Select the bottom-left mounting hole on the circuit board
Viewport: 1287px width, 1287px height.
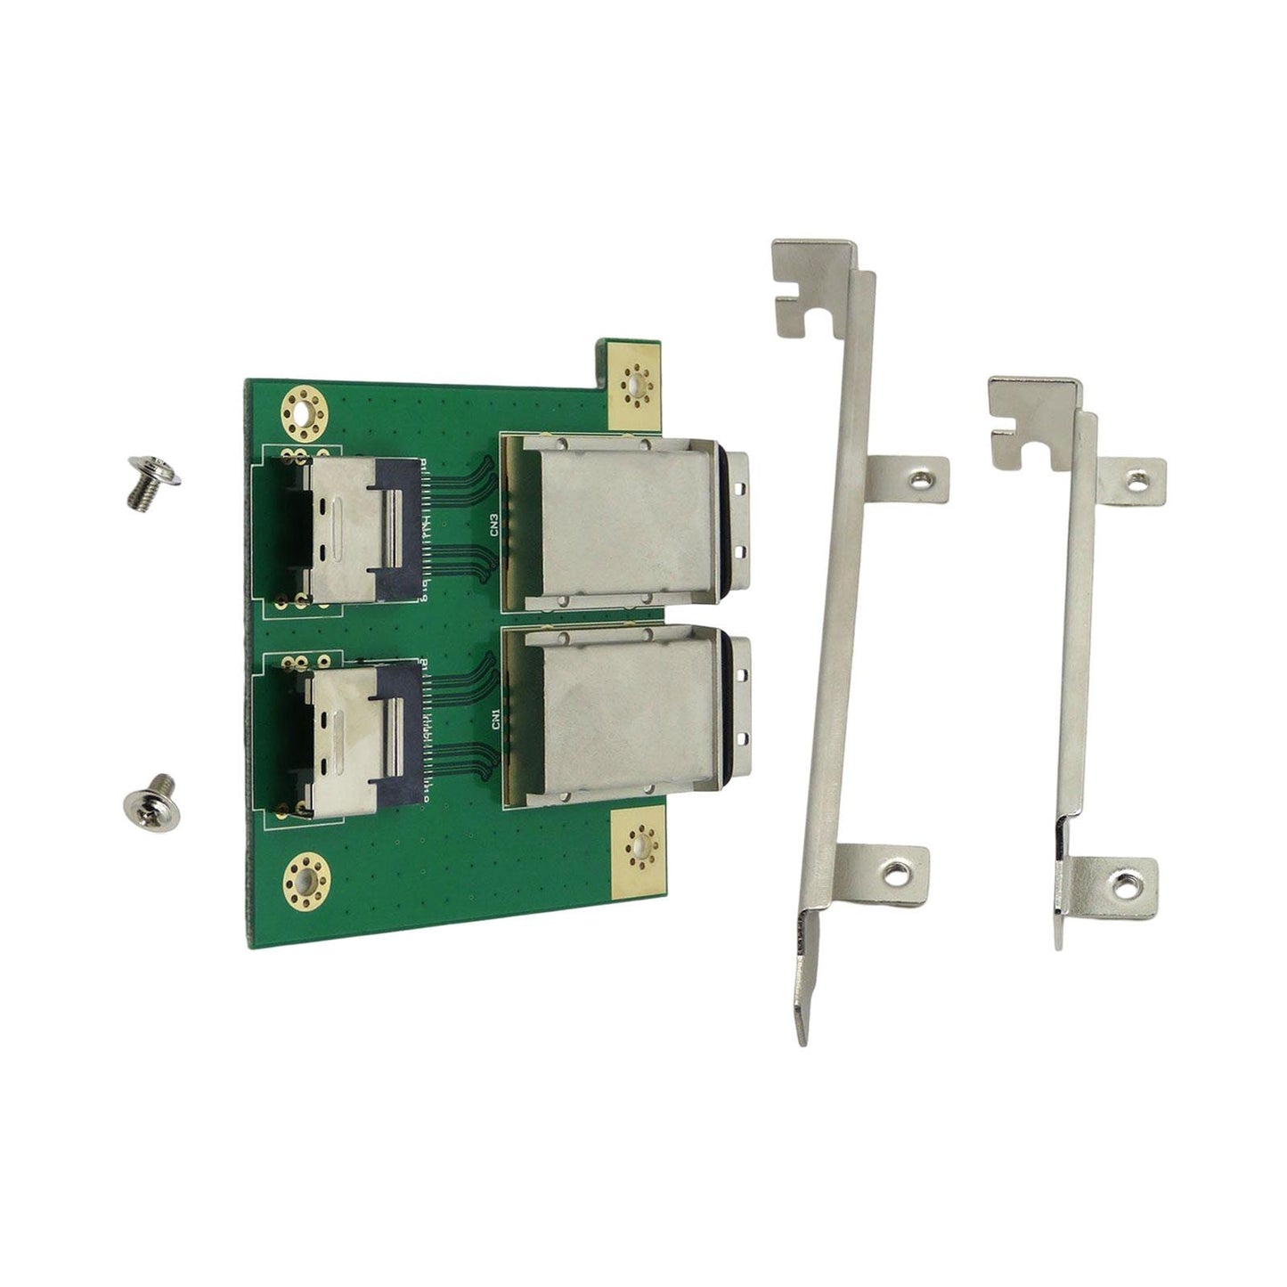(x=305, y=882)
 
